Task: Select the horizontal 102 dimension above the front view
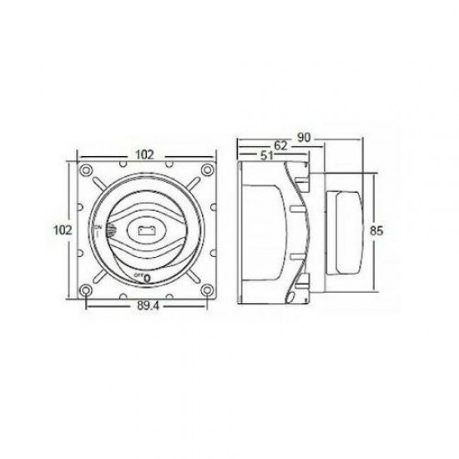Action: [147, 154]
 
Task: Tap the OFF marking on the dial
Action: [138, 275]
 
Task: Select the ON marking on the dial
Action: [99, 226]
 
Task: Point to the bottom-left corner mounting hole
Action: [86, 289]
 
